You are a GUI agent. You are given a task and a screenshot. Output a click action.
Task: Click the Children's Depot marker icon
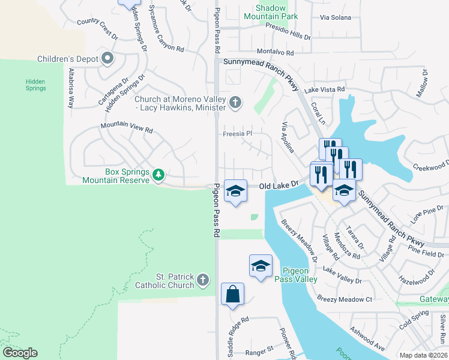(x=108, y=59)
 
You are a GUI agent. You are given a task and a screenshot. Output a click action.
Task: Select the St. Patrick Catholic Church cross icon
(x=203, y=280)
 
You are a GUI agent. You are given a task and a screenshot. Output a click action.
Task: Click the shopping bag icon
(x=232, y=295)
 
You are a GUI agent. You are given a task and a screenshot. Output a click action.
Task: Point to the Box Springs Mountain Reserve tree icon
(x=158, y=175)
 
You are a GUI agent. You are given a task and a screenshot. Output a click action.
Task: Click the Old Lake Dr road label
(x=279, y=187)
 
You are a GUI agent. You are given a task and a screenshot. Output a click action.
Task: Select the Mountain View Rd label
(x=127, y=127)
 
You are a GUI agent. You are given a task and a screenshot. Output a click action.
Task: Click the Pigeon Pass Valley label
(x=295, y=275)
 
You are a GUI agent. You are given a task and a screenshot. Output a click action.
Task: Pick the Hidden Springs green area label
(x=35, y=85)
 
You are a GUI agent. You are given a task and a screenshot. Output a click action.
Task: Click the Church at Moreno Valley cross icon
(x=235, y=103)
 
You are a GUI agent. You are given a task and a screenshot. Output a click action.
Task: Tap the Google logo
(x=20, y=353)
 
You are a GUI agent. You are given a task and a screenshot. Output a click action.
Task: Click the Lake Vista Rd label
(x=325, y=89)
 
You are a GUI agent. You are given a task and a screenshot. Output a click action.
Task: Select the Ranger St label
(x=258, y=348)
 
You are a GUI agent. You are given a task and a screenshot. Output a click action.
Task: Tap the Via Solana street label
(x=335, y=17)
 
